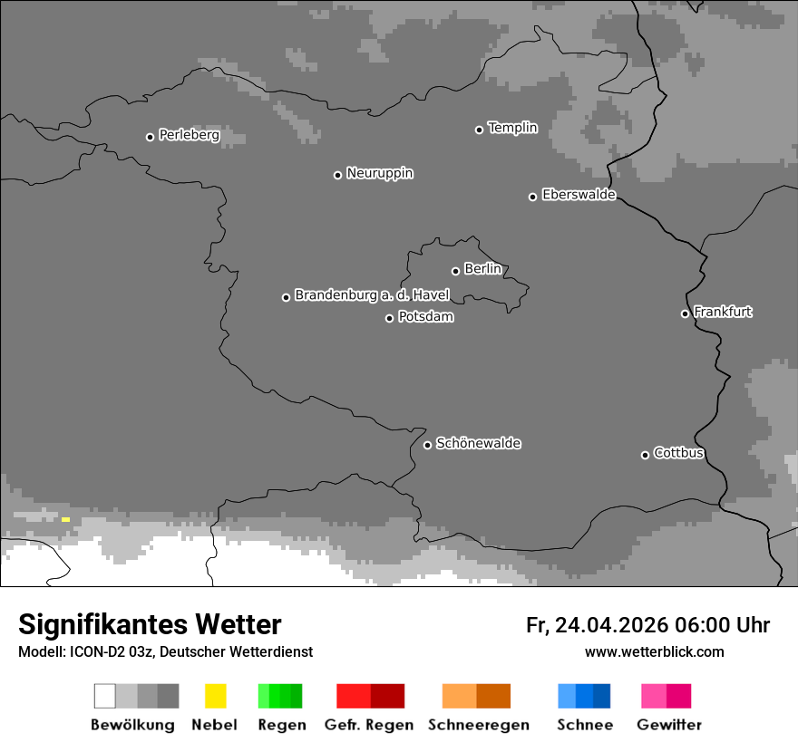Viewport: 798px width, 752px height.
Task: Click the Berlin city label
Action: [x=482, y=269]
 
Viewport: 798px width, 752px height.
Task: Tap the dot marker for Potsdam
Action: [x=390, y=318]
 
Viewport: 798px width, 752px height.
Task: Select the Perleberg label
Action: [x=189, y=135]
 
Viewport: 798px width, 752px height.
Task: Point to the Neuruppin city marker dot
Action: [x=337, y=175]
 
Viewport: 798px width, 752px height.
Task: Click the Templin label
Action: [x=512, y=128]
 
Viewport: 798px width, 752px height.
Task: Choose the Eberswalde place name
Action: [x=579, y=195]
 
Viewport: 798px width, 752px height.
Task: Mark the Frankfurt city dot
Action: [x=685, y=314]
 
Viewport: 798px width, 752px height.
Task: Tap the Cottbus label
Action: [x=678, y=453]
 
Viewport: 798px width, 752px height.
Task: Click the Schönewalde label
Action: [x=478, y=443]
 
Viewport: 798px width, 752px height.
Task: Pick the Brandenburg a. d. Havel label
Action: [x=372, y=295]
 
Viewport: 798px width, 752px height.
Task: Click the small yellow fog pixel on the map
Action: [x=65, y=519]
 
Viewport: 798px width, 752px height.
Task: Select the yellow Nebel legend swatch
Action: [x=215, y=696]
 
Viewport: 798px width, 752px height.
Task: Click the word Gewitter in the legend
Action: [x=669, y=725]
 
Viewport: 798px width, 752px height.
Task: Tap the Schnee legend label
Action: [x=585, y=725]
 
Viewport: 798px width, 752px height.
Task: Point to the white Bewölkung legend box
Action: [x=105, y=696]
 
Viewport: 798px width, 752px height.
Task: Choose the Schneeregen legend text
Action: [x=478, y=725]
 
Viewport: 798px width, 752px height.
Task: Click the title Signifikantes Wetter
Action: [x=150, y=624]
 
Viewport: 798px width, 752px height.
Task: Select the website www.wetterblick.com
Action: [x=654, y=651]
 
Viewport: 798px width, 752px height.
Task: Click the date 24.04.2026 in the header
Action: [x=611, y=625]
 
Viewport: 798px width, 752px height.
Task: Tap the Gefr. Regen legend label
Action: [x=368, y=725]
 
